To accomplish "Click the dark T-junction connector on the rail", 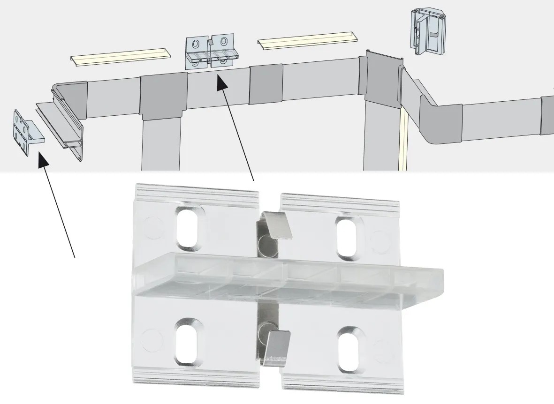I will point(164,96).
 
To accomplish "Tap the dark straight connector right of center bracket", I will point(266,84).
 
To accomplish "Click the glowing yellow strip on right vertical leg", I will point(402,141).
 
